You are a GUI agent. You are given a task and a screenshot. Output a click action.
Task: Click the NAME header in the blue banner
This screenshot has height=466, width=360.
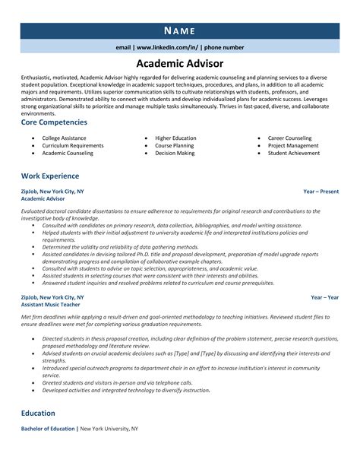pos(180,30)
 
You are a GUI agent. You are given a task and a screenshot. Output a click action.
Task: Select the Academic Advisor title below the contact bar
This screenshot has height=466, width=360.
pos(180,64)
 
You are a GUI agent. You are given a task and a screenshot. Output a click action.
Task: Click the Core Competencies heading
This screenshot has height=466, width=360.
pos(54,122)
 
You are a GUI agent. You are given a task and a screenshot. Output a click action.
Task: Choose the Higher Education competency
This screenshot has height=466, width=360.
pos(175,138)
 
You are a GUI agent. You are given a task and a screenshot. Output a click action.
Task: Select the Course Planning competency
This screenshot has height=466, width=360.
pos(175,145)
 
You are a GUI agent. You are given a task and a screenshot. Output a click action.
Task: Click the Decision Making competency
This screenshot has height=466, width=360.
pos(175,153)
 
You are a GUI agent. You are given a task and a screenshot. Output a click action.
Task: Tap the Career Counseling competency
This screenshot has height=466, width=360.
pos(289,138)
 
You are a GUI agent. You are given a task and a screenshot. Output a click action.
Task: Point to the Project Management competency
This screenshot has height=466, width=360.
pos(293,145)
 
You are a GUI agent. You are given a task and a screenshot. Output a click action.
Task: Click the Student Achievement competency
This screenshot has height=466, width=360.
pos(293,153)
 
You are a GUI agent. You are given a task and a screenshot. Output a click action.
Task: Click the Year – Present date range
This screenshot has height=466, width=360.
pos(321,192)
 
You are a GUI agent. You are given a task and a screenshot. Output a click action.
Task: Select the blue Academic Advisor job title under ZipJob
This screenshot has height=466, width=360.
pos(45,199)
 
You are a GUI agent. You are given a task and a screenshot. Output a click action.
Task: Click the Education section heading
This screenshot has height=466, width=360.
pos(38,413)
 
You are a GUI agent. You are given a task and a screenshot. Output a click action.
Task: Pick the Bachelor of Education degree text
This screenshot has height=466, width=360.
pos(49,430)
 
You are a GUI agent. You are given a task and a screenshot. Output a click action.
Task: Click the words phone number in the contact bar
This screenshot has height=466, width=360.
pos(224,47)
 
